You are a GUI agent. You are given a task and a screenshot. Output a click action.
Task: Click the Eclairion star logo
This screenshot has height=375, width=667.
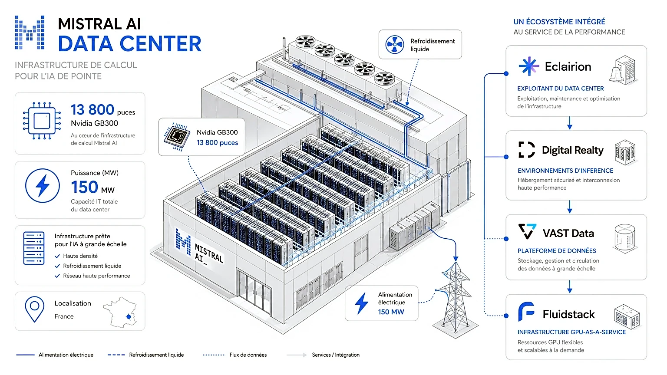coord(528,66)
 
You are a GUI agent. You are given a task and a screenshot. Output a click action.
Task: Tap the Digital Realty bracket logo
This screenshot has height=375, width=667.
coord(526,149)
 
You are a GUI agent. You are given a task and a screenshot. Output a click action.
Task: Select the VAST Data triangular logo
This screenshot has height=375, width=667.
coord(527,231)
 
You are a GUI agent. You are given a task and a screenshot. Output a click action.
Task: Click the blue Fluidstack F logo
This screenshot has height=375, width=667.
coord(526,312)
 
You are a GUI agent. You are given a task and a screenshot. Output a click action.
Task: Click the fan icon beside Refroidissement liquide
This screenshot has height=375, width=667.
coord(395,44)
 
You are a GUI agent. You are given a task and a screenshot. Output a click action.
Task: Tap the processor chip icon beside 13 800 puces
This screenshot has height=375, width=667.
coord(42,121)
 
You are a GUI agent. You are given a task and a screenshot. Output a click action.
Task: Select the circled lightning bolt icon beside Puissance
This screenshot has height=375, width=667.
coord(42,186)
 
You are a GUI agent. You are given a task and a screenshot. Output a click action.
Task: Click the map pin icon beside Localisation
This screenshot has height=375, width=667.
coord(35,309)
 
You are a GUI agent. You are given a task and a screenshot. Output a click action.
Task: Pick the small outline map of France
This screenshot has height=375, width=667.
coord(120,312)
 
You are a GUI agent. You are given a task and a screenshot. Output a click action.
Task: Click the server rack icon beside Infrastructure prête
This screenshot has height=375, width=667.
coord(33,248)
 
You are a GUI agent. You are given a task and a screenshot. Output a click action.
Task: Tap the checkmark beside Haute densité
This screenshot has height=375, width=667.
coord(57,256)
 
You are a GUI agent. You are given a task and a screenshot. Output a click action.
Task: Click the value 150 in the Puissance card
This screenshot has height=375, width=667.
coord(84,187)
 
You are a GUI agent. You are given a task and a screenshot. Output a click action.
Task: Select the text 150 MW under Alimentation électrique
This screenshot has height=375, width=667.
coord(391,312)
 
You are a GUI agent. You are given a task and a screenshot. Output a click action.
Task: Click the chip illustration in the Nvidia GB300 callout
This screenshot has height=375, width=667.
coord(177,137)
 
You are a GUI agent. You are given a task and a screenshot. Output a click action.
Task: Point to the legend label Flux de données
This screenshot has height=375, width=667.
coord(248,355)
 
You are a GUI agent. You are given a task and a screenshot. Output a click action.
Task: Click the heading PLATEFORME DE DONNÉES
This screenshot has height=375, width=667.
coord(557,251)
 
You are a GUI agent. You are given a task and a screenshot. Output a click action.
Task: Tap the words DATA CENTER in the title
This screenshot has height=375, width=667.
coord(129,44)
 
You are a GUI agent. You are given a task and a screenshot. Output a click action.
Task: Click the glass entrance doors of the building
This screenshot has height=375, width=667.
coord(254,292)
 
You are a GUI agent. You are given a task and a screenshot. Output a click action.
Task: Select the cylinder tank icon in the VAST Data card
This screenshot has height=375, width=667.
coord(625,239)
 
